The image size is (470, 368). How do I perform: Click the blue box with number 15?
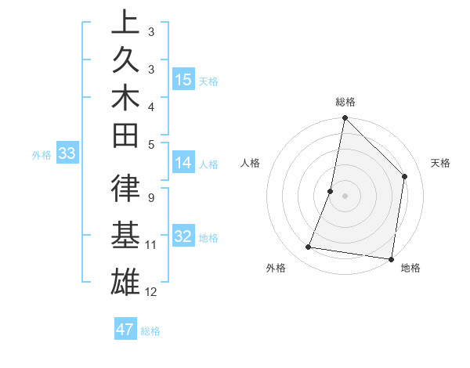point(183,80)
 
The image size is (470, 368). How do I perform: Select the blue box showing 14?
point(183,163)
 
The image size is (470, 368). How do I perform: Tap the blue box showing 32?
point(183,237)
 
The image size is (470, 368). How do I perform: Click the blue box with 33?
point(67,154)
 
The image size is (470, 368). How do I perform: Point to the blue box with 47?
point(125,330)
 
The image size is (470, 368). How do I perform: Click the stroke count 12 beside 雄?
point(151,292)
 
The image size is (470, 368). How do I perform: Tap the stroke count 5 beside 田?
point(150,144)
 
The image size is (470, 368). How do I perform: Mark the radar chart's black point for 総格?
point(345,119)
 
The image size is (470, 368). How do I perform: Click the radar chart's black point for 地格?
point(391,258)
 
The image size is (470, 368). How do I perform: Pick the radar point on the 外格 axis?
point(309,247)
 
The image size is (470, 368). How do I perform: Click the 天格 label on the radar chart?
point(440,163)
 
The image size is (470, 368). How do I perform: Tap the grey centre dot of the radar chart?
point(345,196)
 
